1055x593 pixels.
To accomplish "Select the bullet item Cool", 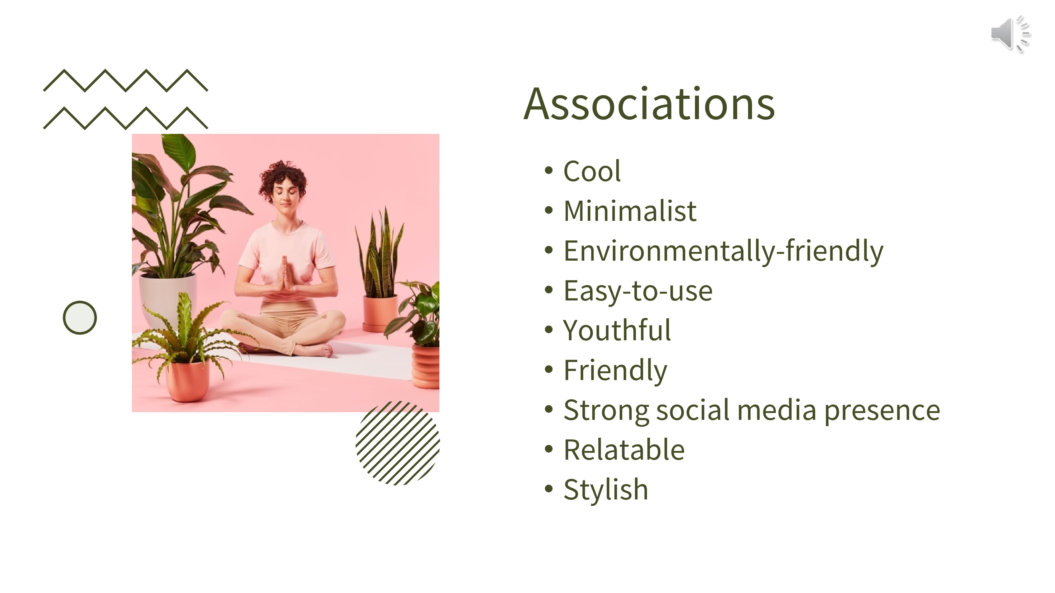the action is (592, 171).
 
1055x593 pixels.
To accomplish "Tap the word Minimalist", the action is (630, 211).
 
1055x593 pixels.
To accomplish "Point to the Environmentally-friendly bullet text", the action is (723, 251).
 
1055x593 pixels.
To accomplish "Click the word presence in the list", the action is (882, 411).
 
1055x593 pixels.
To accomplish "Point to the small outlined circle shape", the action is (80, 318).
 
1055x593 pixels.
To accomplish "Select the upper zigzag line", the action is (126, 80).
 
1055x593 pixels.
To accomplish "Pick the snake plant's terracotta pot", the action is (380, 313).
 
